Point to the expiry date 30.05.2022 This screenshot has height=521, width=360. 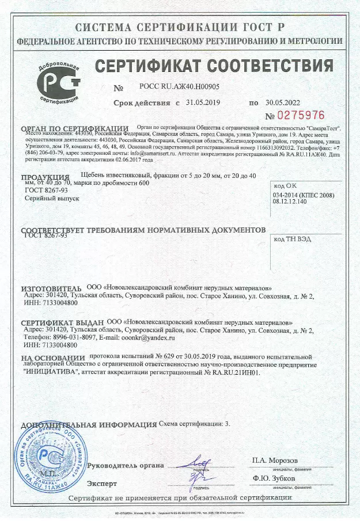click(283, 102)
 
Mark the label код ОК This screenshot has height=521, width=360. click(285, 185)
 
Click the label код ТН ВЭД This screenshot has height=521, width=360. click(290, 238)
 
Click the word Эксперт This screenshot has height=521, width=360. click(102, 483)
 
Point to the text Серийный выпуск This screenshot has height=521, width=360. click(50, 197)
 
